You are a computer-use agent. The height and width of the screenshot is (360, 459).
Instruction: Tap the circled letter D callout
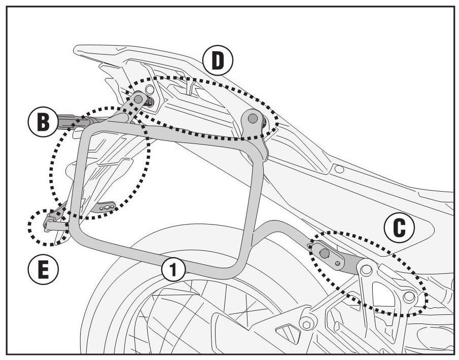tap(217, 61)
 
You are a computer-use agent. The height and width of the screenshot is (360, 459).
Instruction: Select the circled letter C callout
tap(400, 229)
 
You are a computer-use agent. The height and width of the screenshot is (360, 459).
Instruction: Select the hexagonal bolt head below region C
tap(306, 323)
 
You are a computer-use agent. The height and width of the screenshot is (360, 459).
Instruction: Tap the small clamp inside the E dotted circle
tap(50, 222)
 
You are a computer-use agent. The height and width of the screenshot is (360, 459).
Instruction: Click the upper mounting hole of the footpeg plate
tap(366, 268)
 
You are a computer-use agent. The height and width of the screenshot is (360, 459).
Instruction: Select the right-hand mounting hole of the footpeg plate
tap(409, 296)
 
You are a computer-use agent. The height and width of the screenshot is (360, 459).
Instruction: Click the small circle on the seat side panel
tap(339, 169)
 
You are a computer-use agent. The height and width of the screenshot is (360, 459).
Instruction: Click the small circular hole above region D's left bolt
tap(149, 90)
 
